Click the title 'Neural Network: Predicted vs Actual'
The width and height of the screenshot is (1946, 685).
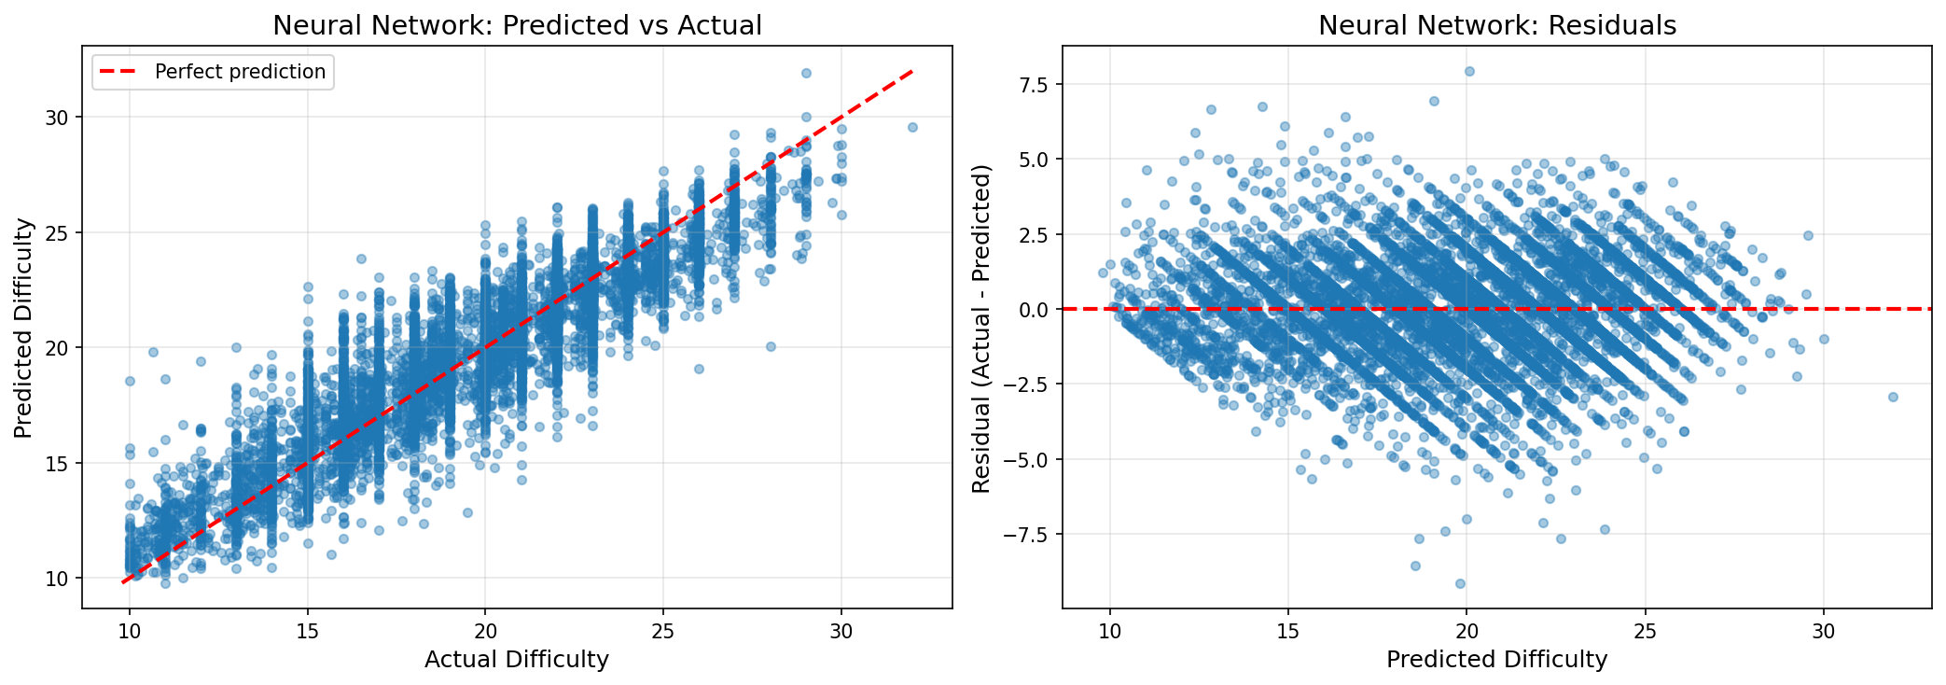coord(517,25)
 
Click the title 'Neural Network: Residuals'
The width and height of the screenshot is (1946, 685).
coord(1496,25)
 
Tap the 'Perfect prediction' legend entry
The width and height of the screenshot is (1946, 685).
coord(240,72)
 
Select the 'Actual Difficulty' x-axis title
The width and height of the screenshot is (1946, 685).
coord(516,660)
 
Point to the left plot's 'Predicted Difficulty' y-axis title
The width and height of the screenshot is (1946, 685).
coord(23,329)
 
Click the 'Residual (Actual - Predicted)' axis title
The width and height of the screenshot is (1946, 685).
coord(980,329)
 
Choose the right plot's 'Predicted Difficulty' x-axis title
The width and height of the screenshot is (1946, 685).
coord(1496,660)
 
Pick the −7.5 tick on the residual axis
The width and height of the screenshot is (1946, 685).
coord(1025,535)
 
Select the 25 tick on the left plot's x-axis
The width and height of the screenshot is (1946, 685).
coord(663,631)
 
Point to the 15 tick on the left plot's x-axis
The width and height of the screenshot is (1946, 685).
coord(307,631)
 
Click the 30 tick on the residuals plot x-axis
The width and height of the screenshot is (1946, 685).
coord(1823,631)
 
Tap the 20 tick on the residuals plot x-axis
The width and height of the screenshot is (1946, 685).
coord(1466,631)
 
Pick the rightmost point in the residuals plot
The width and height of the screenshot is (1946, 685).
coord(1893,397)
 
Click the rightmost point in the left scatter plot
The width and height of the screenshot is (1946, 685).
coord(912,127)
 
